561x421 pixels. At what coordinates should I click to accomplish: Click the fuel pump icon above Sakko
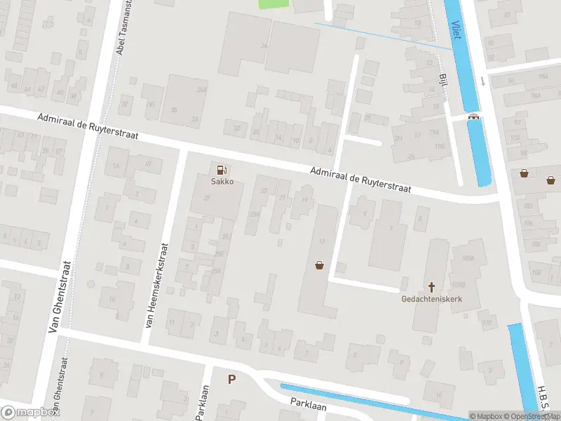click(x=222, y=169)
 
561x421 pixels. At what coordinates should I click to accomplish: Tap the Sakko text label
click(x=222, y=181)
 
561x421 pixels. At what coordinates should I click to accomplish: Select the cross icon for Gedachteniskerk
click(x=432, y=286)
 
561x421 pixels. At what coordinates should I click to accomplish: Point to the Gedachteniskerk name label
click(x=431, y=299)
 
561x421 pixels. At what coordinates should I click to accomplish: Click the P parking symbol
click(x=231, y=379)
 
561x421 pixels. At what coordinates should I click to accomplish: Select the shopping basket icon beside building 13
click(x=320, y=265)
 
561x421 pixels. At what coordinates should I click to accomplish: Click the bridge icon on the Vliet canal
click(x=475, y=117)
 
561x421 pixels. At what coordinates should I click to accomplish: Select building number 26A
click(x=202, y=91)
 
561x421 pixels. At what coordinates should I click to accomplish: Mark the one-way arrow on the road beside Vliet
click(x=483, y=81)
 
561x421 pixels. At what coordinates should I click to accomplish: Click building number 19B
click(x=440, y=146)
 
